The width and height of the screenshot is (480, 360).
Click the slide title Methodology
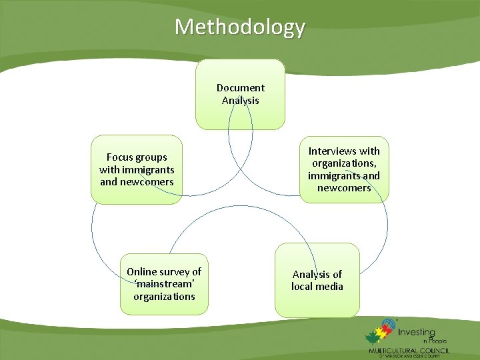point(240,27)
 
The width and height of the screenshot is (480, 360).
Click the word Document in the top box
point(241,88)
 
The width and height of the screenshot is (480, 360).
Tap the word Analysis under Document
point(241,101)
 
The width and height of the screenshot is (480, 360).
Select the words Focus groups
point(137,157)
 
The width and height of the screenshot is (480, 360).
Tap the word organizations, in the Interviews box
point(344,163)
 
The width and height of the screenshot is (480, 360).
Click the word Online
point(141,272)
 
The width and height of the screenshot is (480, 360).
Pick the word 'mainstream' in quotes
point(164,284)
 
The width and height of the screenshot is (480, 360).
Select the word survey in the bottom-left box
point(175,272)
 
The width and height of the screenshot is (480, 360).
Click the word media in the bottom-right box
point(330,287)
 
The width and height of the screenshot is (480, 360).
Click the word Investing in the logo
point(419,332)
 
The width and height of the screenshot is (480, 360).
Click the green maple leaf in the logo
point(372,337)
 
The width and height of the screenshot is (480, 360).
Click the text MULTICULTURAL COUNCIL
point(409,351)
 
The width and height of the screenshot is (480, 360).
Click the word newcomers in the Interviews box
point(344,188)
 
